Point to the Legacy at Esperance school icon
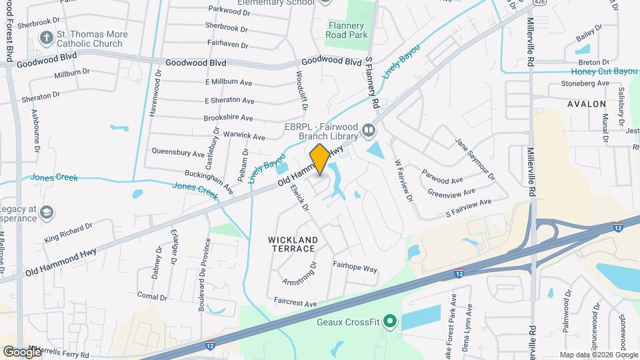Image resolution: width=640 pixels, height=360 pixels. [x=47, y=213]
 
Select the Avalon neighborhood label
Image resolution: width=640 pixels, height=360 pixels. [x=587, y=104]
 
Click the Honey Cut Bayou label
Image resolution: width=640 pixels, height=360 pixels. [x=604, y=71]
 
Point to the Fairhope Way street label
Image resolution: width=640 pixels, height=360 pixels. [x=355, y=269]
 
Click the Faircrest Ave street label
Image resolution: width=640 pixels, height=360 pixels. [x=295, y=303]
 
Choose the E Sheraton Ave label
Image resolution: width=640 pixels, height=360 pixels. [x=230, y=101]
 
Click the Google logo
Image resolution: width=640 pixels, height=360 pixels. [x=21, y=351]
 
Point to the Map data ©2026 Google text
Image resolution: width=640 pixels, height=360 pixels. [x=598, y=355]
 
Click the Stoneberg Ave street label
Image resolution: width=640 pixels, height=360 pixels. [x=585, y=83]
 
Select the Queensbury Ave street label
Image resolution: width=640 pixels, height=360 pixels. [x=178, y=153]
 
